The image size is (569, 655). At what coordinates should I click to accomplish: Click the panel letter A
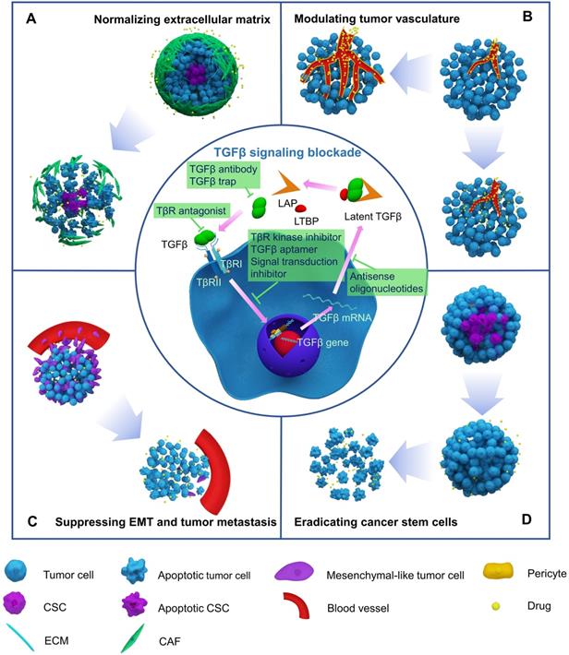tap(31, 18)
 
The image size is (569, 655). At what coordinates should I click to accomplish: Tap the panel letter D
tap(527, 519)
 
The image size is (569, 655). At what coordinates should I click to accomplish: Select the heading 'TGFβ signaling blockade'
tap(287, 152)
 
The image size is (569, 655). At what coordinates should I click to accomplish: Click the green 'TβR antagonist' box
tap(191, 211)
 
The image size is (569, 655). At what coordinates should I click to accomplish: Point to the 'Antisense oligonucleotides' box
tap(386, 282)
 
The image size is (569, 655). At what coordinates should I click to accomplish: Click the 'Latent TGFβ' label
tap(373, 217)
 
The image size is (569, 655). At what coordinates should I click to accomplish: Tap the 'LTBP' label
tap(307, 220)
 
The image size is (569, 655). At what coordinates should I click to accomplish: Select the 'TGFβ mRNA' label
tap(342, 317)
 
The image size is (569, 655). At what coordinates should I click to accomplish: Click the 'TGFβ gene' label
tap(322, 343)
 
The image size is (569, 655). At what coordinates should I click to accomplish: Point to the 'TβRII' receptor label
tap(209, 283)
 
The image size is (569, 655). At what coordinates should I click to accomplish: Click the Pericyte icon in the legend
tap(498, 571)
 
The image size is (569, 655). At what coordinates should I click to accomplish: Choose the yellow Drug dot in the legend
tap(496, 606)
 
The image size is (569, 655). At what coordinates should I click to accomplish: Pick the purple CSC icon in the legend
tap(15, 604)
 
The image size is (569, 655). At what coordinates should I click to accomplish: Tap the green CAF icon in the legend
tap(132, 638)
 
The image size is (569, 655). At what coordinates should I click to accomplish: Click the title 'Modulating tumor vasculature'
tap(377, 18)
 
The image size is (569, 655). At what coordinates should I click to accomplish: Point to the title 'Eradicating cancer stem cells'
tap(376, 522)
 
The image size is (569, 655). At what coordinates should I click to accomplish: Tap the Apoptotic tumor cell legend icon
tap(133, 571)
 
